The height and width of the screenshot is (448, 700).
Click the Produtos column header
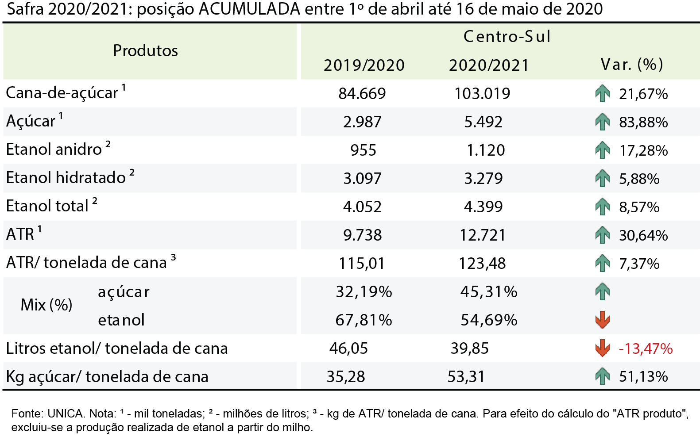point(145,50)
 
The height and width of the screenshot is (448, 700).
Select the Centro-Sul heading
point(507,37)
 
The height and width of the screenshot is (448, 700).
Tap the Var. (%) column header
point(631,64)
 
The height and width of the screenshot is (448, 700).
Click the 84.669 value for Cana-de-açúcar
point(362,93)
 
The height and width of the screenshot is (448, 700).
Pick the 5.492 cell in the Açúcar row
point(483,122)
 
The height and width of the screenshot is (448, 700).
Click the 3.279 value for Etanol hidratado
point(483,178)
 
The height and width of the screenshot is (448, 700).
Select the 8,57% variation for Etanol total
point(639,207)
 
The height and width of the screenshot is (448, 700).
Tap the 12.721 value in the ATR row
point(483,235)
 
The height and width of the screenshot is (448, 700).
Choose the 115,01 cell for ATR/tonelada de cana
point(362,264)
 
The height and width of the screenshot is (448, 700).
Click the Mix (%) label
point(46,305)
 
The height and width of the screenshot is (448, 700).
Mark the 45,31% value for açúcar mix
point(489,292)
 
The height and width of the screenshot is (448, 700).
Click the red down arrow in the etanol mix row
point(603,320)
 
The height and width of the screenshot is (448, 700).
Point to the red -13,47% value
point(646,348)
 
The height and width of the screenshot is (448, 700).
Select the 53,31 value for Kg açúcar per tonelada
point(466,376)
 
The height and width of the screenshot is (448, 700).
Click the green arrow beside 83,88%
point(603,122)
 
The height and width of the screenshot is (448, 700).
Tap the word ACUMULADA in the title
point(249,9)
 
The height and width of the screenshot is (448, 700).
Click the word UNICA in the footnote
point(66,414)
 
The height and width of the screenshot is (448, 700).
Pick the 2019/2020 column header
point(364,65)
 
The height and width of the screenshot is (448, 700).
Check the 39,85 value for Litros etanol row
point(469,348)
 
